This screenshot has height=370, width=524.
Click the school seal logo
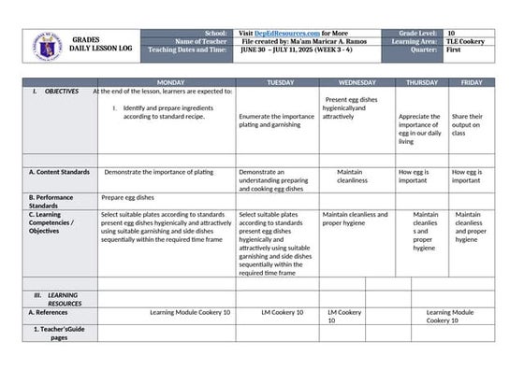48,46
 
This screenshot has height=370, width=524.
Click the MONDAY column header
171,82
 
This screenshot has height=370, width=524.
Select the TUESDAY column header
280,82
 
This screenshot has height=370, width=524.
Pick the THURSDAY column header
421,82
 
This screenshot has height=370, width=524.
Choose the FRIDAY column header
472,82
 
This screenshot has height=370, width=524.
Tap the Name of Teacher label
200,42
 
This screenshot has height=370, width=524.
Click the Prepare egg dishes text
127,197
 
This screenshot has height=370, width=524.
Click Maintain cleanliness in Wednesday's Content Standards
352,176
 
